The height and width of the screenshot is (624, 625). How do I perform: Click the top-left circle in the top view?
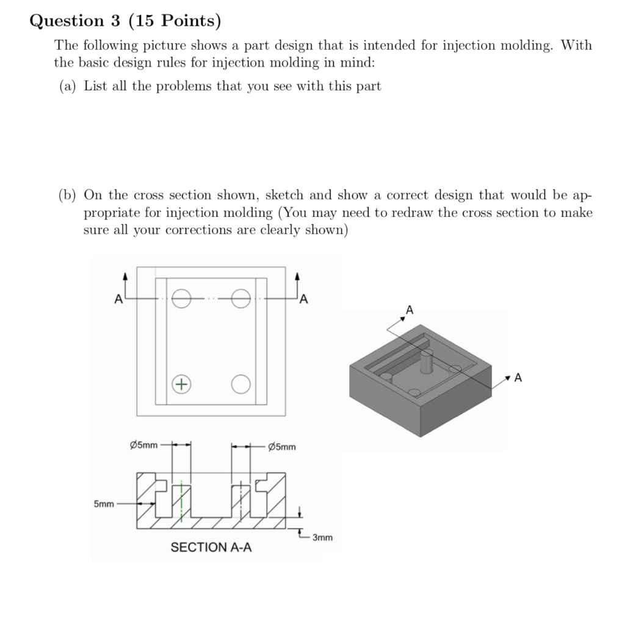click(x=181, y=299)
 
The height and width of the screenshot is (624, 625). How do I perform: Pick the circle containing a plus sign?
click(x=181, y=384)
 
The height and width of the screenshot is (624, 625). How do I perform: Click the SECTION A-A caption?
click(x=211, y=547)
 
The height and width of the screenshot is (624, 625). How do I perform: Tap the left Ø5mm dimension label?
click(x=140, y=444)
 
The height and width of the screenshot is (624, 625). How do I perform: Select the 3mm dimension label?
click(x=323, y=538)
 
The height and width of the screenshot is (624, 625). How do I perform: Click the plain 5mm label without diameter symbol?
click(x=104, y=504)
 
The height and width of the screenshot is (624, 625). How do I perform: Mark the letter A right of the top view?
click(x=303, y=299)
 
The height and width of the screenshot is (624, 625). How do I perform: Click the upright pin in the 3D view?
click(x=427, y=362)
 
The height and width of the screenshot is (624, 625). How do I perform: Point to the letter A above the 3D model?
click(x=410, y=310)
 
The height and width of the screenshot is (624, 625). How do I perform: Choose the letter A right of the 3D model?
click(x=518, y=378)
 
